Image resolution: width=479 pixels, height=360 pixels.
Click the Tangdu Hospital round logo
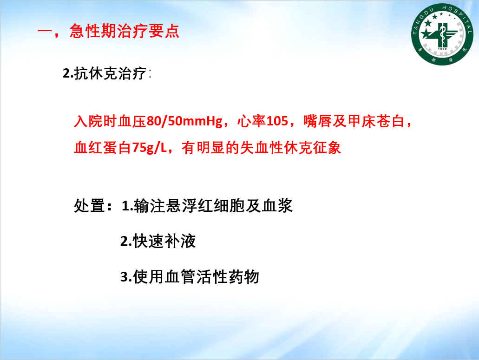(442, 34)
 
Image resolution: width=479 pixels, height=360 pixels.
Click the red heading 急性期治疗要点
(125, 31)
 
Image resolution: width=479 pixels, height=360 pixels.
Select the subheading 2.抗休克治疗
(105, 73)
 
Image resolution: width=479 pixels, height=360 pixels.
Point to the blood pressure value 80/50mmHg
(184, 121)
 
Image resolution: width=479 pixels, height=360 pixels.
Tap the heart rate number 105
(277, 121)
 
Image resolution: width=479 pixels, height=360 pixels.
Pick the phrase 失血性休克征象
(290, 148)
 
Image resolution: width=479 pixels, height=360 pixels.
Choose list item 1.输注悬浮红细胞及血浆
(207, 205)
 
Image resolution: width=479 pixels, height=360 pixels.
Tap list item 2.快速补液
(158, 241)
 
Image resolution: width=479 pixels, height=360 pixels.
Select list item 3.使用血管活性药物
(190, 277)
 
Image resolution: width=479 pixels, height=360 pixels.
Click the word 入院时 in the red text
(96, 121)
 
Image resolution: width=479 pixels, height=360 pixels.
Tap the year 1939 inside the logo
(442, 49)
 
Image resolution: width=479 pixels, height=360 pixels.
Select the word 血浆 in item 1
(277, 205)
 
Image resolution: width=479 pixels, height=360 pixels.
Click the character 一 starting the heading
(45, 32)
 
